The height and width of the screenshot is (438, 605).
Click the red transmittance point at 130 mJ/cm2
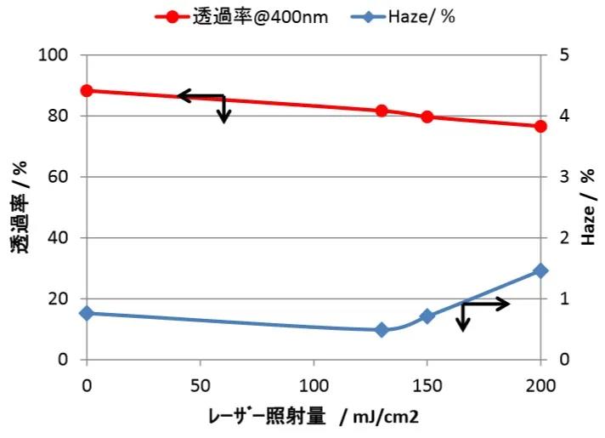pyautogui.click(x=382, y=111)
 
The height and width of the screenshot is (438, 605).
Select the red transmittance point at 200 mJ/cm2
pyautogui.click(x=540, y=126)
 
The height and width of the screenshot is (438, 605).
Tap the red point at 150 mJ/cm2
pyautogui.click(x=427, y=117)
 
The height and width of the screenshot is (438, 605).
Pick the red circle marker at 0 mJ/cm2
pyautogui.click(x=87, y=91)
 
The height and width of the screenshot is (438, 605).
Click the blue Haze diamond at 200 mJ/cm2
pyautogui.click(x=540, y=270)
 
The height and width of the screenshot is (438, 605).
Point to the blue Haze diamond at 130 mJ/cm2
pyautogui.click(x=382, y=329)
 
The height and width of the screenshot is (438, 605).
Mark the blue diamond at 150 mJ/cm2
pyautogui.click(x=427, y=316)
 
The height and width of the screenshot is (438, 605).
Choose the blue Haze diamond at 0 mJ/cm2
pyautogui.click(x=87, y=313)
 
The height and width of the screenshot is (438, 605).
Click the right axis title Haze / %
pyautogui.click(x=588, y=208)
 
